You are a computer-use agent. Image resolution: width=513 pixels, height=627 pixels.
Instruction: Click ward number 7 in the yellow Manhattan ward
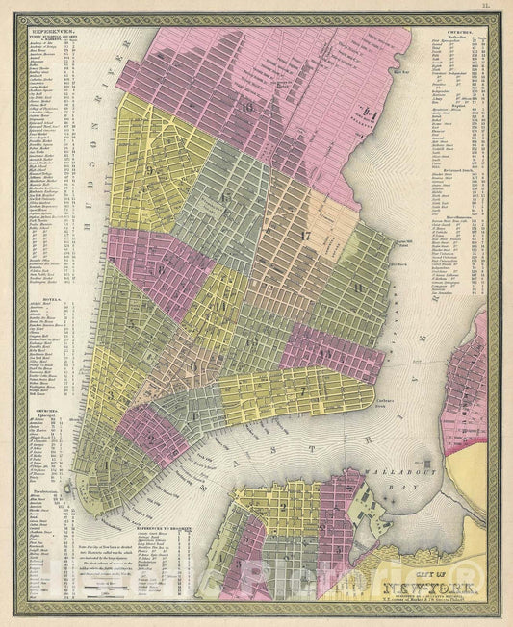(301, 389)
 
